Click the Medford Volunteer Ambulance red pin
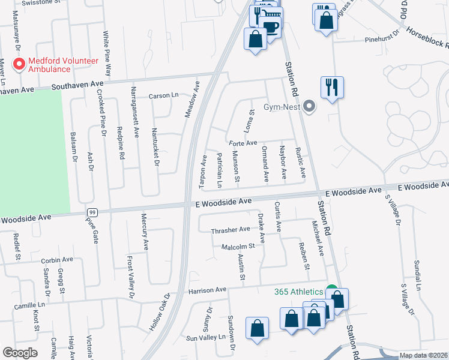click(x=19, y=63)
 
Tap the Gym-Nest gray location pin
click(x=309, y=107)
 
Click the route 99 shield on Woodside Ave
click(x=92, y=212)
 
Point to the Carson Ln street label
click(x=164, y=95)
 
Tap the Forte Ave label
click(x=243, y=143)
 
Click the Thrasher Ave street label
click(x=230, y=230)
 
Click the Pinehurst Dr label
click(x=382, y=40)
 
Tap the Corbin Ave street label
click(x=57, y=260)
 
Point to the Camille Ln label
click(x=29, y=305)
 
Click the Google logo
click(x=20, y=353)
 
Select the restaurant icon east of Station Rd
click(x=332, y=88)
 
